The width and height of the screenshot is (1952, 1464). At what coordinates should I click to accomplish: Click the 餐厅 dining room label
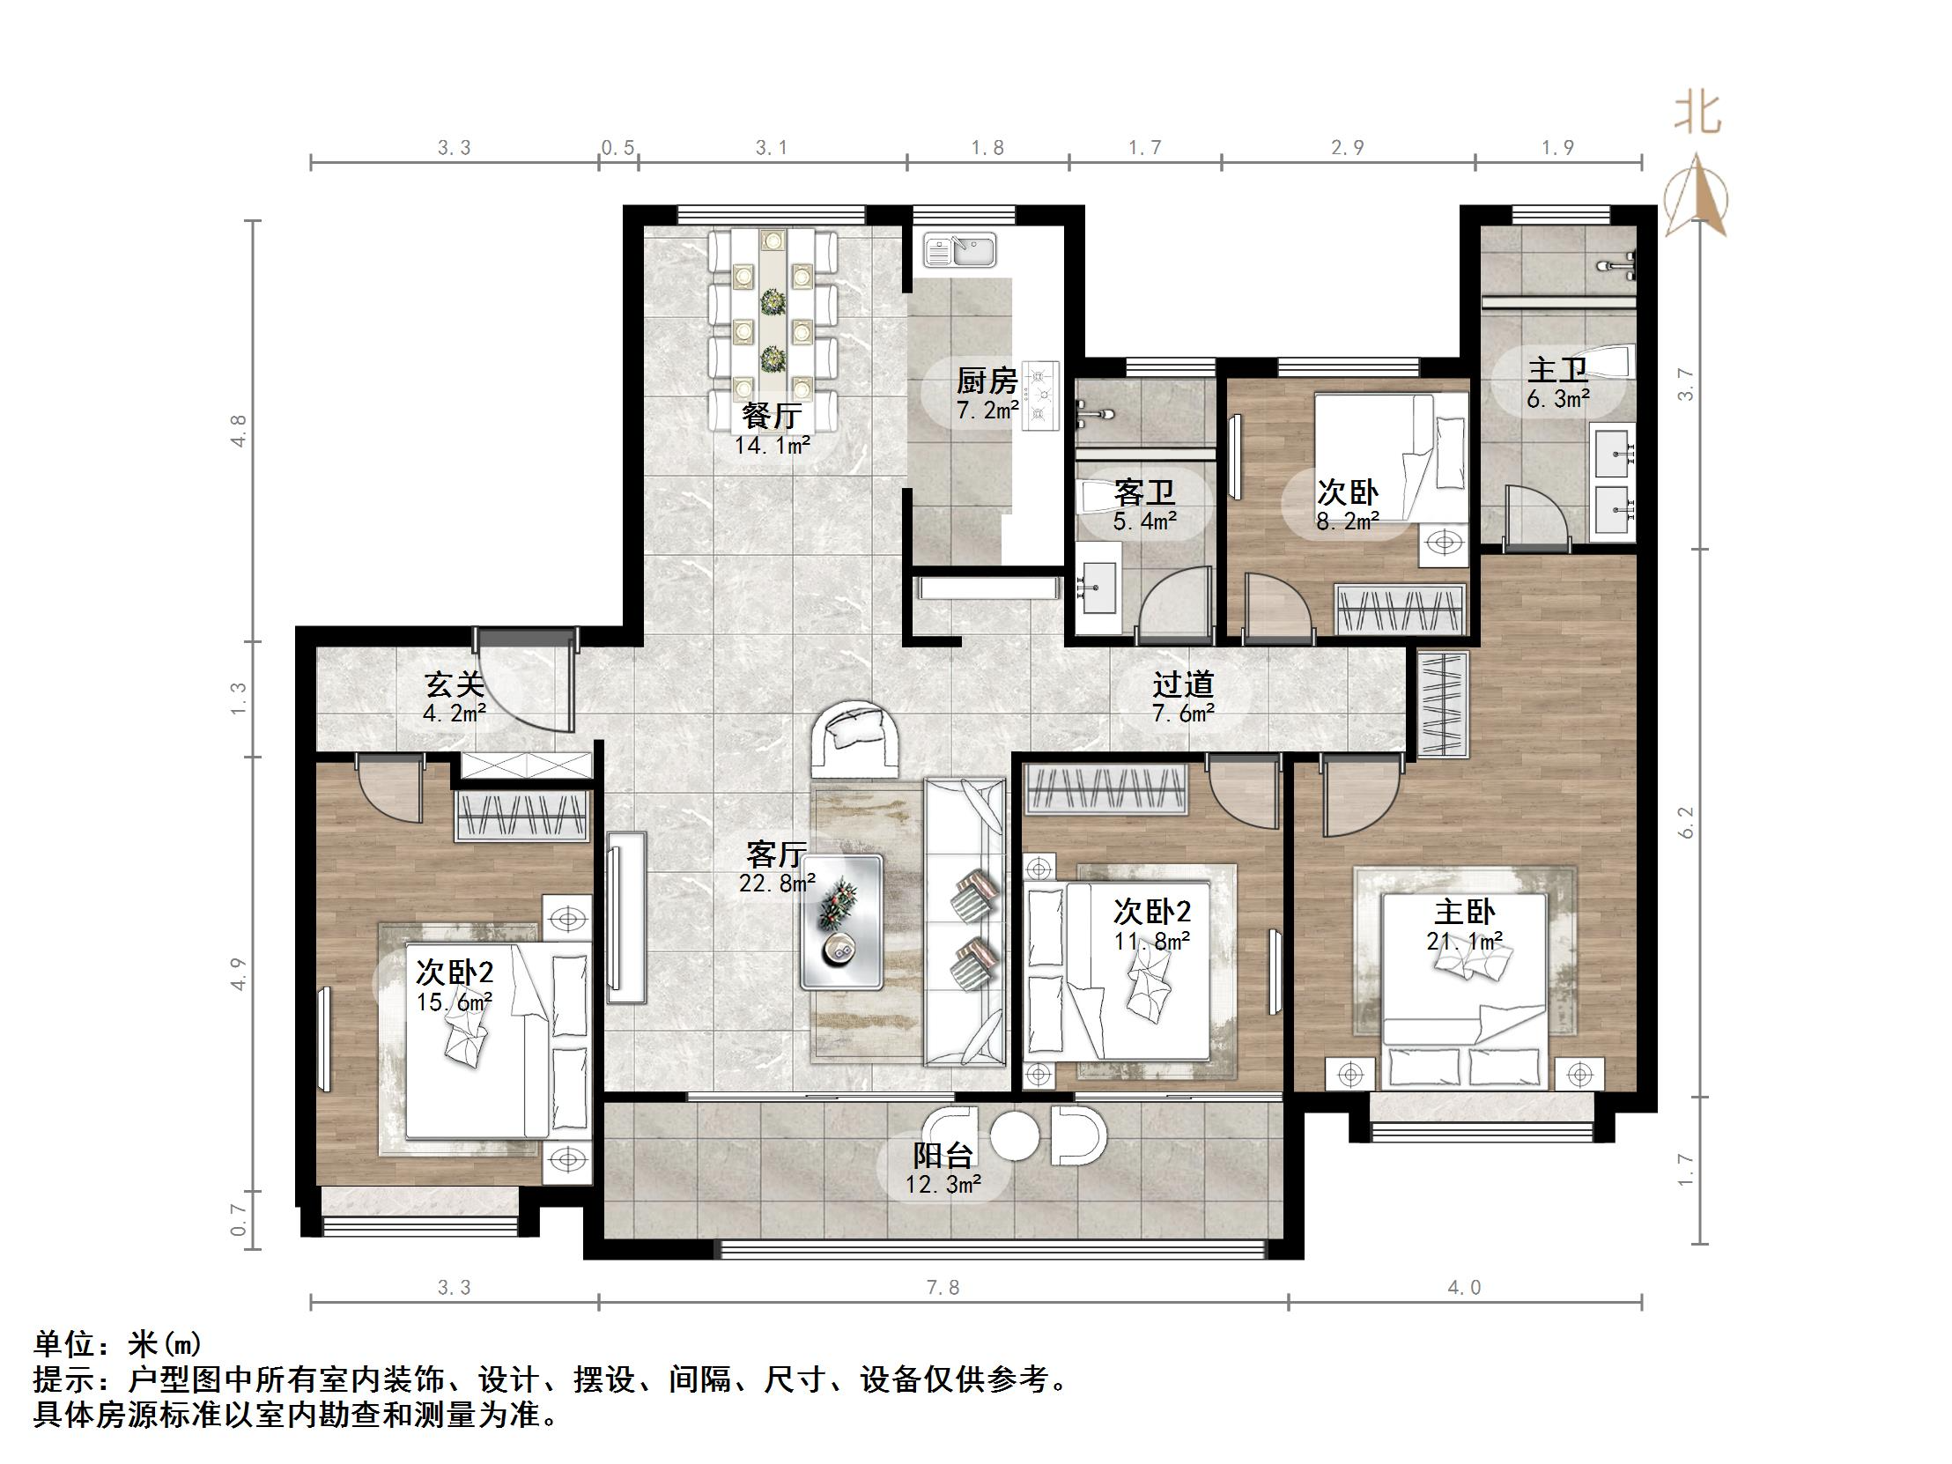[x=772, y=414]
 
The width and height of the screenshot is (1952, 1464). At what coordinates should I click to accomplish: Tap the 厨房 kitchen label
[x=987, y=381]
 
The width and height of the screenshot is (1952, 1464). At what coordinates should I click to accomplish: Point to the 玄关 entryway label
[x=454, y=684]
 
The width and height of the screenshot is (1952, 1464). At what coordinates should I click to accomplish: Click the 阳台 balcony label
[x=943, y=1154]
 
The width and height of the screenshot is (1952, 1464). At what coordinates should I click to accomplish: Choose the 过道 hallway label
[x=1182, y=684]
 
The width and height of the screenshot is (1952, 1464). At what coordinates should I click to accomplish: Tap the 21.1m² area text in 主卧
[x=1465, y=942]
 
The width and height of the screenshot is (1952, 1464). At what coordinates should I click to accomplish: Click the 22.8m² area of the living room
[x=777, y=883]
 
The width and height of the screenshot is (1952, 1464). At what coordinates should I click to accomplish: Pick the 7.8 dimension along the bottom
[x=943, y=1288]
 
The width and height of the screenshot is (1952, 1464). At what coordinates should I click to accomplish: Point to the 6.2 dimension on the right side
[x=1686, y=823]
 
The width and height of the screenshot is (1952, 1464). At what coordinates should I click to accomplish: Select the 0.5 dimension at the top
[x=617, y=147]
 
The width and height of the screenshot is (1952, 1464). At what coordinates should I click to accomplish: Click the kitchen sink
[x=959, y=250]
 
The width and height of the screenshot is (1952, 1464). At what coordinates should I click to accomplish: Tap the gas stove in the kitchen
[x=1041, y=396]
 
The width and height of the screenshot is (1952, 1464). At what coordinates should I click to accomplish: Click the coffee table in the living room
[x=841, y=921]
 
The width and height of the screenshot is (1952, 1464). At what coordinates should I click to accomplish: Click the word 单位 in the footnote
[x=63, y=1344]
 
